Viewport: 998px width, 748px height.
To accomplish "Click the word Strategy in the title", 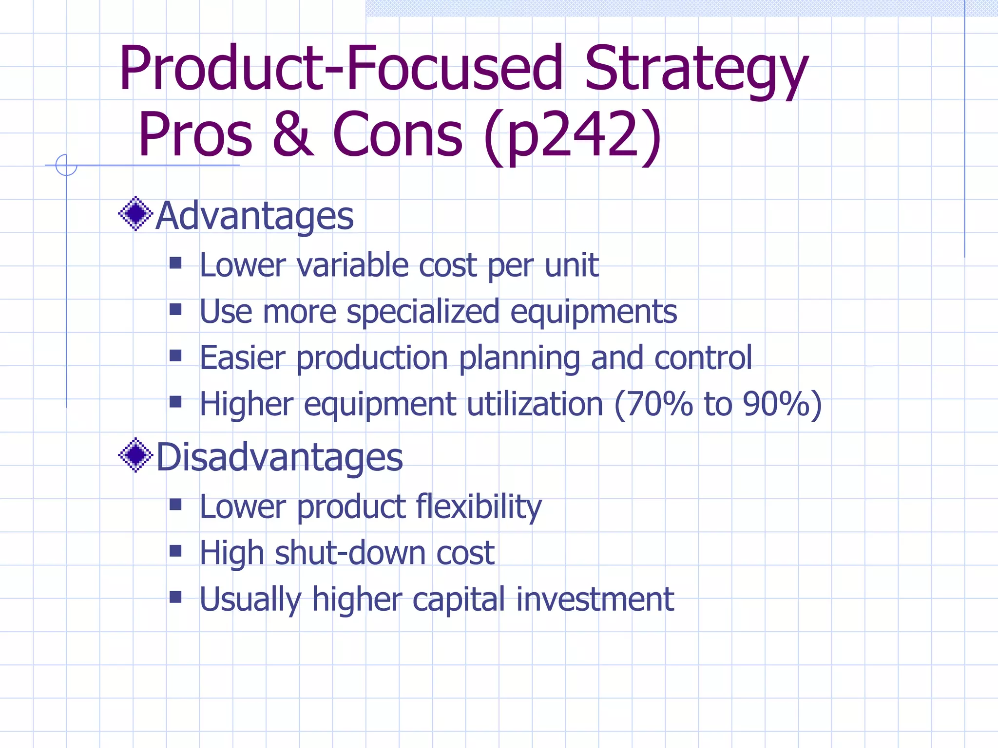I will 696,69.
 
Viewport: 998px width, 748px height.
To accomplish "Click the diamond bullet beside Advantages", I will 135,213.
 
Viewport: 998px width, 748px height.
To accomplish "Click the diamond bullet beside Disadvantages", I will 135,455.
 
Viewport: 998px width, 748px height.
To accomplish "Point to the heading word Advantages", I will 254,216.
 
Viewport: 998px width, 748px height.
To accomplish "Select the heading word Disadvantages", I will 279,457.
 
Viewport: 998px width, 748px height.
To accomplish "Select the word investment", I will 595,599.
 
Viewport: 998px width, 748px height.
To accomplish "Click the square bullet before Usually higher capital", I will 175,597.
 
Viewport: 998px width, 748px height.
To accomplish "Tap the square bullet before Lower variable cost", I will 175,263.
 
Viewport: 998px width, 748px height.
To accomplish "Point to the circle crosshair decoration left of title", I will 66,165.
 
